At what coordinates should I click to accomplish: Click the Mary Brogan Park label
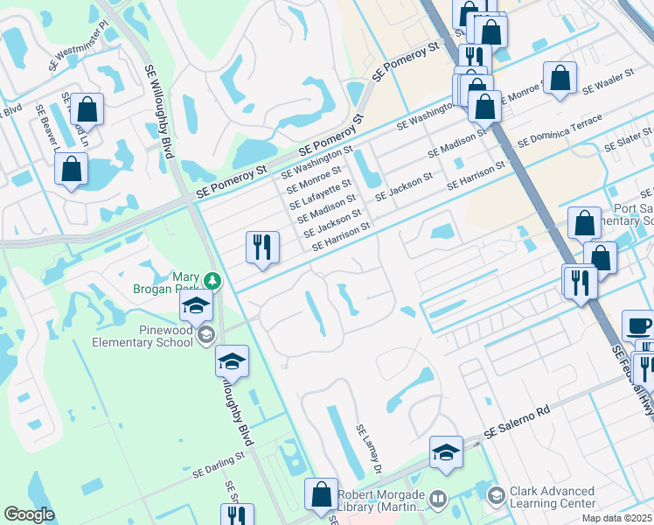coord(173,288)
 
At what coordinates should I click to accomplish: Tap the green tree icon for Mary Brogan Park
coord(212,281)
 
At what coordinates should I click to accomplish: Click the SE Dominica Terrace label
coord(560,129)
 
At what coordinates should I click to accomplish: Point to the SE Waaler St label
coord(607,84)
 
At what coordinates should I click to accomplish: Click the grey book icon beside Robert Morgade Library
coord(437,500)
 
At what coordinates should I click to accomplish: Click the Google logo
coord(28,514)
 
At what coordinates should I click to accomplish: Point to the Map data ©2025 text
coord(617,518)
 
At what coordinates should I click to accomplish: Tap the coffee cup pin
coord(638,326)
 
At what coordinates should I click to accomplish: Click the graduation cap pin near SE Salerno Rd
coord(446,452)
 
